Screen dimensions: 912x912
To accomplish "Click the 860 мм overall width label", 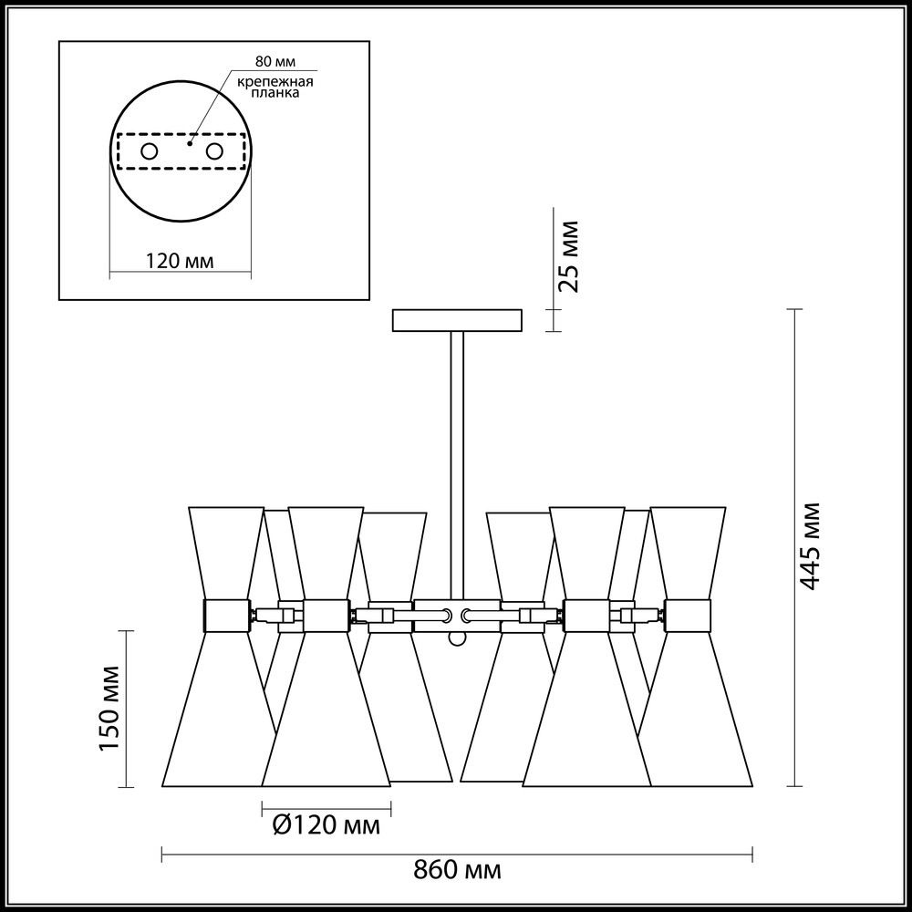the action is click(457, 871).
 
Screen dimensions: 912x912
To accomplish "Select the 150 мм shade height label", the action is click(110, 709).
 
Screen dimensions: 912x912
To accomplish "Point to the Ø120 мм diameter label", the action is click(326, 825).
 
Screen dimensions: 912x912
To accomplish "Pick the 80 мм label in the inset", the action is click(275, 63).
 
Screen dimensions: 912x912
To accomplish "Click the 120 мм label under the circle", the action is click(179, 261).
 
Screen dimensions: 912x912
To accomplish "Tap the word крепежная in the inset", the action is click(275, 82).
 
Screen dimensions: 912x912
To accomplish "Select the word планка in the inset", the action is click(275, 93).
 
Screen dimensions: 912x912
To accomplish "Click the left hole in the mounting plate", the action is click(150, 151).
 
